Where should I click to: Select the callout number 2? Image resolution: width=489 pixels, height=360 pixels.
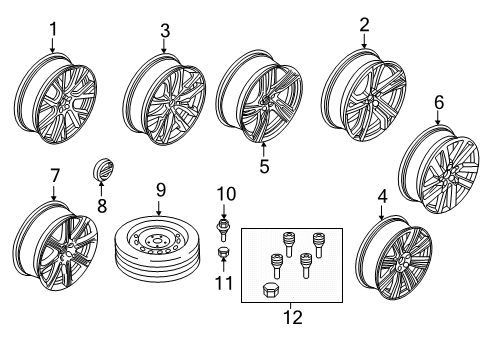point(364,23)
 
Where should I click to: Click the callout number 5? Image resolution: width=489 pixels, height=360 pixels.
point(264,167)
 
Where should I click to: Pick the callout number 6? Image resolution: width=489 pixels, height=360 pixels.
point(436,102)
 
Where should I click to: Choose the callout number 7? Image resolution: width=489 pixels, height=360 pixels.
point(54,176)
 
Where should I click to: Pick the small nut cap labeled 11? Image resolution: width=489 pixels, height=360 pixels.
point(223,259)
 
